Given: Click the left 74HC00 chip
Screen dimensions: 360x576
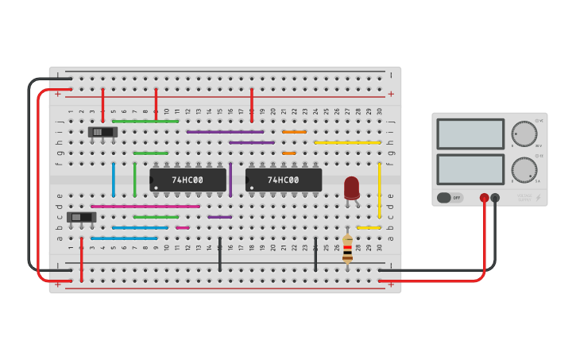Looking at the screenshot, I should click(x=187, y=180).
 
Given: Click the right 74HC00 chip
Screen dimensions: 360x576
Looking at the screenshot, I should click(x=283, y=180).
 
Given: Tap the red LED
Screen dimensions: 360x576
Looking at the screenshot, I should click(x=351, y=188).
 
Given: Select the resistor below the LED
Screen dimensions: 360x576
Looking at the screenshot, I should click(x=347, y=249).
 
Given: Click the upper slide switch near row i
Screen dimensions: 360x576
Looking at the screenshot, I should click(x=102, y=132).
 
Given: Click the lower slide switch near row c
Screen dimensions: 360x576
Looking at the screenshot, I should click(x=81, y=217).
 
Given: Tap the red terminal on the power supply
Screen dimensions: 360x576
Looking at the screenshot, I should click(x=484, y=198).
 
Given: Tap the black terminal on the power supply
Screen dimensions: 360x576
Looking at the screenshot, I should click(x=495, y=198).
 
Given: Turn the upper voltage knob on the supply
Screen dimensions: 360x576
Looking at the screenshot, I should click(x=524, y=134).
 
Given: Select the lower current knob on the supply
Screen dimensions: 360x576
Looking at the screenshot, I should click(x=524, y=169).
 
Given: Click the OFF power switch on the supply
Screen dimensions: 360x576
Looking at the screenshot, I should click(x=450, y=198).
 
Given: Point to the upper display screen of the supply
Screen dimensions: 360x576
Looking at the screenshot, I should click(x=470, y=134).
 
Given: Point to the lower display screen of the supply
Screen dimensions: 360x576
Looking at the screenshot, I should click(x=470, y=169).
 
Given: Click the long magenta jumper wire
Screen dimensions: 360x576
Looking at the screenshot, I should click(x=145, y=207).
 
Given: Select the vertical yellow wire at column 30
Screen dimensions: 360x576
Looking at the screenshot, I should click(x=379, y=189).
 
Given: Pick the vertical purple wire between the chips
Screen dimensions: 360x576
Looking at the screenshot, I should click(x=230, y=180).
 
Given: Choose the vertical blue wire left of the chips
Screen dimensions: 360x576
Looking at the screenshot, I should click(x=113, y=179).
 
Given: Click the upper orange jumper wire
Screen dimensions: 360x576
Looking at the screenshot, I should click(x=294, y=132).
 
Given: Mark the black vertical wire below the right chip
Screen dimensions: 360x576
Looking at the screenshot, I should click(x=315, y=254).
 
